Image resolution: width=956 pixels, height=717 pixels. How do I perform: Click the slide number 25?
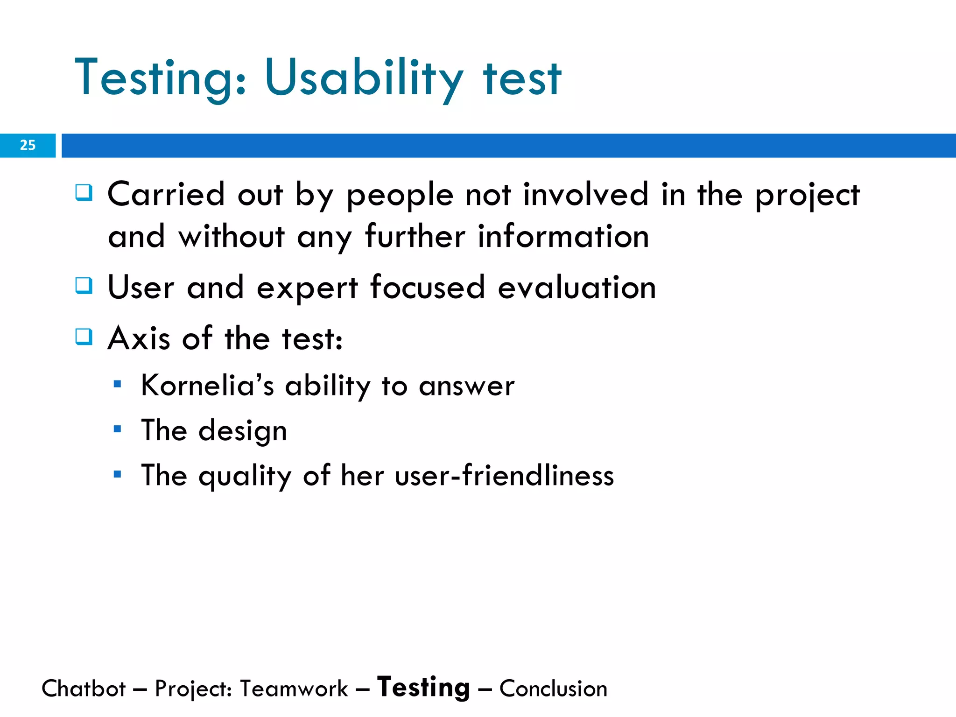pyautogui.click(x=28, y=145)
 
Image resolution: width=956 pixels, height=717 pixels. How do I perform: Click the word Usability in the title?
pyautogui.click(x=364, y=79)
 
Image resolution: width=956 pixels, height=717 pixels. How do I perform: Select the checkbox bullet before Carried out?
pyautogui.click(x=84, y=192)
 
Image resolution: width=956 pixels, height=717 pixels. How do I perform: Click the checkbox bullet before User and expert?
pyautogui.click(x=84, y=285)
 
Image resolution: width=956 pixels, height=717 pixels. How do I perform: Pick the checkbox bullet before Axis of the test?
pyautogui.click(x=84, y=336)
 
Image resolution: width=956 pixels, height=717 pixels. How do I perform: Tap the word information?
pyautogui.click(x=563, y=237)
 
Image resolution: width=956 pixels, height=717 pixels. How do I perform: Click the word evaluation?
pyautogui.click(x=577, y=288)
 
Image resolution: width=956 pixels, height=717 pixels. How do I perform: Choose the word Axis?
pyautogui.click(x=139, y=338)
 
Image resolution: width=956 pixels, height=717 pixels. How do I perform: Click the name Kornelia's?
pyautogui.click(x=207, y=386)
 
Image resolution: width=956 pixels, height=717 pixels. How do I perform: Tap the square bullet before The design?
pyautogui.click(x=117, y=429)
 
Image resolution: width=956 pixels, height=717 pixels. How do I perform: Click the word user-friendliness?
pyautogui.click(x=504, y=476)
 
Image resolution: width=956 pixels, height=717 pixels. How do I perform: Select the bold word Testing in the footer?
pyautogui.click(x=423, y=688)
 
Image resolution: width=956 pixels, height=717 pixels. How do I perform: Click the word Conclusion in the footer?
pyautogui.click(x=553, y=689)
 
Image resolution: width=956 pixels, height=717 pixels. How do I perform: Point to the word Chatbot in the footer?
pyautogui.click(x=84, y=689)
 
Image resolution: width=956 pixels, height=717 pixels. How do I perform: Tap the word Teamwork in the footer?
pyautogui.click(x=294, y=689)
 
